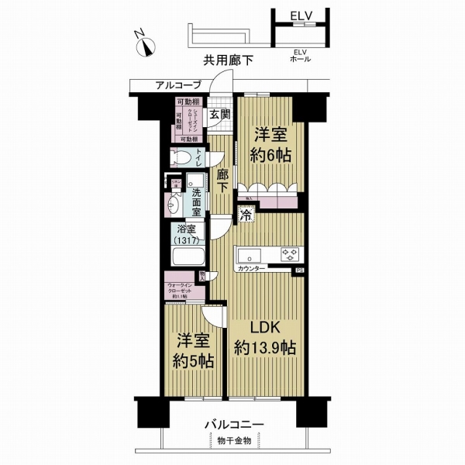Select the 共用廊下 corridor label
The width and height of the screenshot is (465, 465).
(228, 60)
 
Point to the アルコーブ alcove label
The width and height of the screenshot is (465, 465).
(178, 84)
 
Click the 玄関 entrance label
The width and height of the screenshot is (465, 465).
(220, 114)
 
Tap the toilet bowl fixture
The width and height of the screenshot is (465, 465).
(182, 158)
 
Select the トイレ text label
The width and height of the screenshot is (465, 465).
(198, 158)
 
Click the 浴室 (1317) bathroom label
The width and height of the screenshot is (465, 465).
(188, 235)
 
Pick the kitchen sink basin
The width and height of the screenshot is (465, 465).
(251, 254)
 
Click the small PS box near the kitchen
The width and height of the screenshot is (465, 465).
(299, 270)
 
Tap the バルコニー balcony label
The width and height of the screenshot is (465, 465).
(235, 425)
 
